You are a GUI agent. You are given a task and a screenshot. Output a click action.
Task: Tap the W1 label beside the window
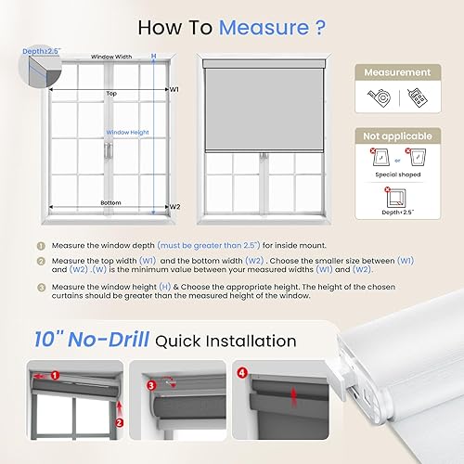tap(174, 90)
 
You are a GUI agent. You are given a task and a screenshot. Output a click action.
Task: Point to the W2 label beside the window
tap(174, 206)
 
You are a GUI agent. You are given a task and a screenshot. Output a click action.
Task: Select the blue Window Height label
tap(127, 132)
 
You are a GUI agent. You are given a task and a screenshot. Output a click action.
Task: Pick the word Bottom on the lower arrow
tap(110, 201)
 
